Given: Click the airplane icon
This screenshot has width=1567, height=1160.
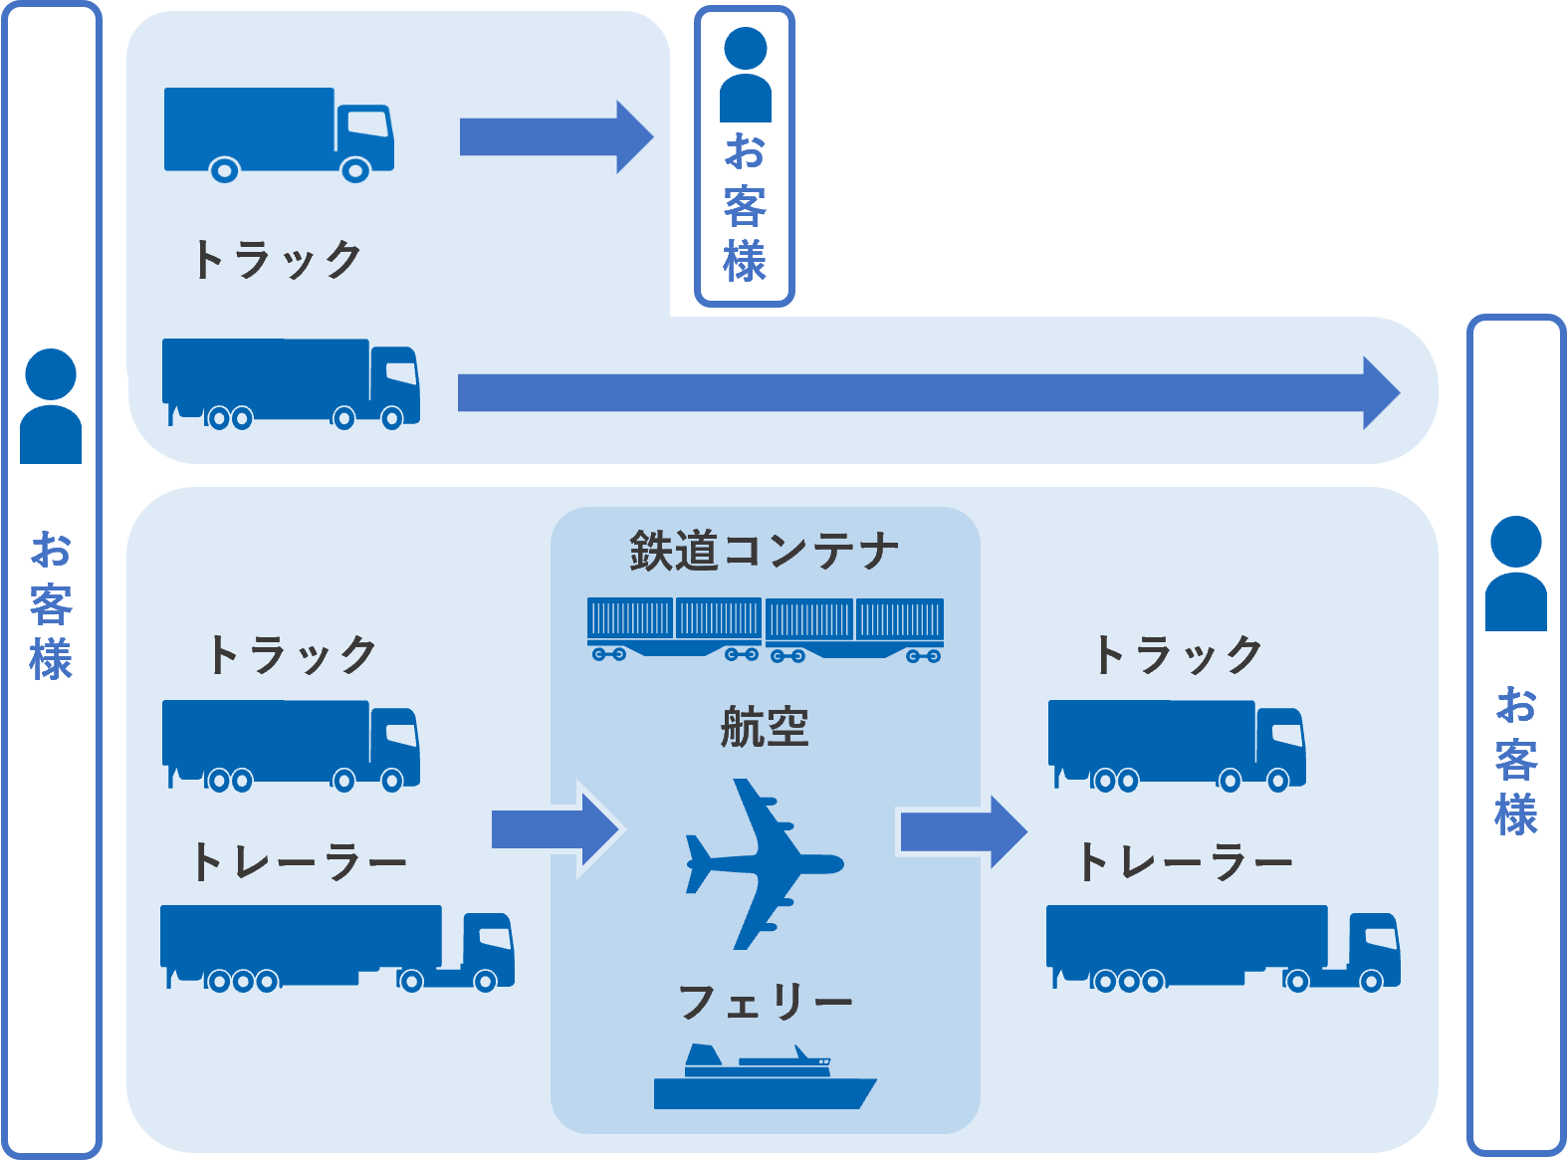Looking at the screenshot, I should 761,864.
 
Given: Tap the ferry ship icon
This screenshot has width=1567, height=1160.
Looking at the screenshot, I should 764,1079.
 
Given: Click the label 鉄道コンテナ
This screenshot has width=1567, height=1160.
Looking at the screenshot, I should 765,552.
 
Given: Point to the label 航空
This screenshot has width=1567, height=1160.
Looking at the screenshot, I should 765,727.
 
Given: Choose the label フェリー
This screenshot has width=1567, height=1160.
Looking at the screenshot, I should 765,1002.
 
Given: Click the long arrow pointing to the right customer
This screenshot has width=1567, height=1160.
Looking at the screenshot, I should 926,393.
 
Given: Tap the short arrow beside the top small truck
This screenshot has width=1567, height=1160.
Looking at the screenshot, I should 555,137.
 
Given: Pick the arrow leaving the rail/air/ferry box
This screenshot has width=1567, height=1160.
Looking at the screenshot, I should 962,830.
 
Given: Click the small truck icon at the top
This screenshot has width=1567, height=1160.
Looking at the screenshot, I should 279,133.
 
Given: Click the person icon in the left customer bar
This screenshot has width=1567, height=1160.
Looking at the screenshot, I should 51,406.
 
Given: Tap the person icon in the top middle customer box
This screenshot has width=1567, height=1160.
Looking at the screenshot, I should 745,76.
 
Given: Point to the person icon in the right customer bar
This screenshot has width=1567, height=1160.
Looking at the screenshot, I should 1515,574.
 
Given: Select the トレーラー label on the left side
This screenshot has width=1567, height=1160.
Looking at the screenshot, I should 300,862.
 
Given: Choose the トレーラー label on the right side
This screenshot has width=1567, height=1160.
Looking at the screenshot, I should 1186,862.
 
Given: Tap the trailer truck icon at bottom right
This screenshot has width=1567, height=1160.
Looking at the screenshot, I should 1223,948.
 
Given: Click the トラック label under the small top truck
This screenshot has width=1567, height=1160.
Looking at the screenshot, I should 278,260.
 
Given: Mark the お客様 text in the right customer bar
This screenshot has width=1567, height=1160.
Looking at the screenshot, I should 1516,761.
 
